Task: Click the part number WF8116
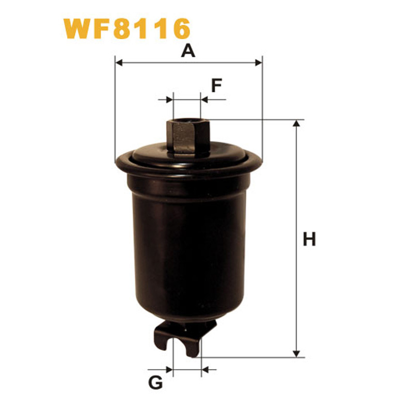pos(126,28)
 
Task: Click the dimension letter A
pos(188,51)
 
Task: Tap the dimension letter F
pos(216,85)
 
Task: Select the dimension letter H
pos(309,239)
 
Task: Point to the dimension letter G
pos(156,383)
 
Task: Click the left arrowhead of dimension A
pos(119,62)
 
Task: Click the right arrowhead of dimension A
pos(259,62)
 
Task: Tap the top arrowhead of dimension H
pos(296,123)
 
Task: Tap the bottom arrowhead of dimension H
pos(296,354)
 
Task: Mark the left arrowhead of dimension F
pos(170,100)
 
